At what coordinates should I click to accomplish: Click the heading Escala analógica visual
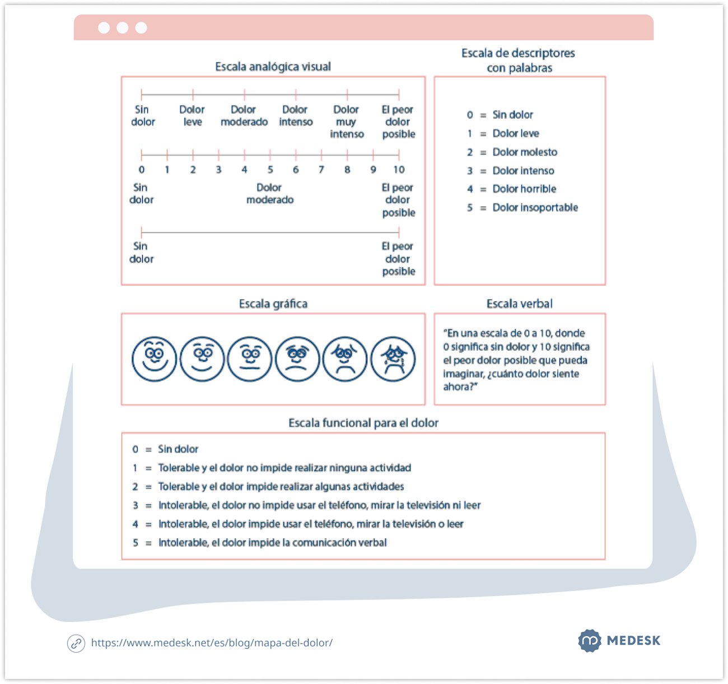[273, 67]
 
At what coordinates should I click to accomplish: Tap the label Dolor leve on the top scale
[192, 115]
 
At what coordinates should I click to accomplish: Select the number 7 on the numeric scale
[321, 169]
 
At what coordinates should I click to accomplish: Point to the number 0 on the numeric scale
[142, 169]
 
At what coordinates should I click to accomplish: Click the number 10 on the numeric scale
[399, 169]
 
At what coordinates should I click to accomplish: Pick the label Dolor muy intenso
[347, 122]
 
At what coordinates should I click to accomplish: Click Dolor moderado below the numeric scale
[270, 193]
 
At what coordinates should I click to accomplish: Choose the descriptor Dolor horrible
[524, 189]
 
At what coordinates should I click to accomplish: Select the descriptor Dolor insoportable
[535, 207]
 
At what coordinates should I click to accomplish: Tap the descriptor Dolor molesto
[525, 152]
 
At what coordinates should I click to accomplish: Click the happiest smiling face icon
[154, 359]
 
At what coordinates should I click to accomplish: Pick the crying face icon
[393, 359]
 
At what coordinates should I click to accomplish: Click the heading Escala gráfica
[273, 304]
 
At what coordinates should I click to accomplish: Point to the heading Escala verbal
[519, 304]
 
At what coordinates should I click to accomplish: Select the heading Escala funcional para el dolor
[363, 423]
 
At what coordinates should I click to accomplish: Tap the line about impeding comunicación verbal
[272, 542]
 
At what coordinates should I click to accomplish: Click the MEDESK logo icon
[590, 640]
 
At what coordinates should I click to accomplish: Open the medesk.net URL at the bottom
[212, 643]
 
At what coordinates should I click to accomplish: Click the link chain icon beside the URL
[76, 643]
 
